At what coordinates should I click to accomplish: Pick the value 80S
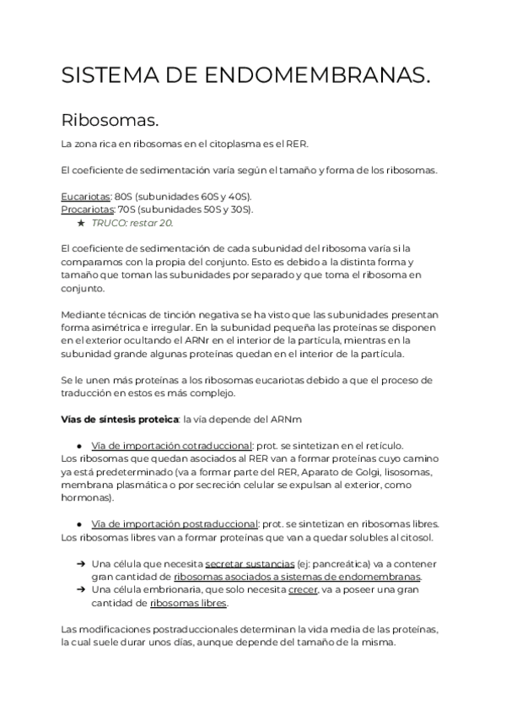126,197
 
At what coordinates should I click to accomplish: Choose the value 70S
127,209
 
